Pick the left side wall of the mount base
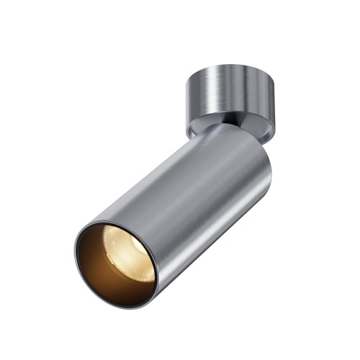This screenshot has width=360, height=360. (x=193, y=101)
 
